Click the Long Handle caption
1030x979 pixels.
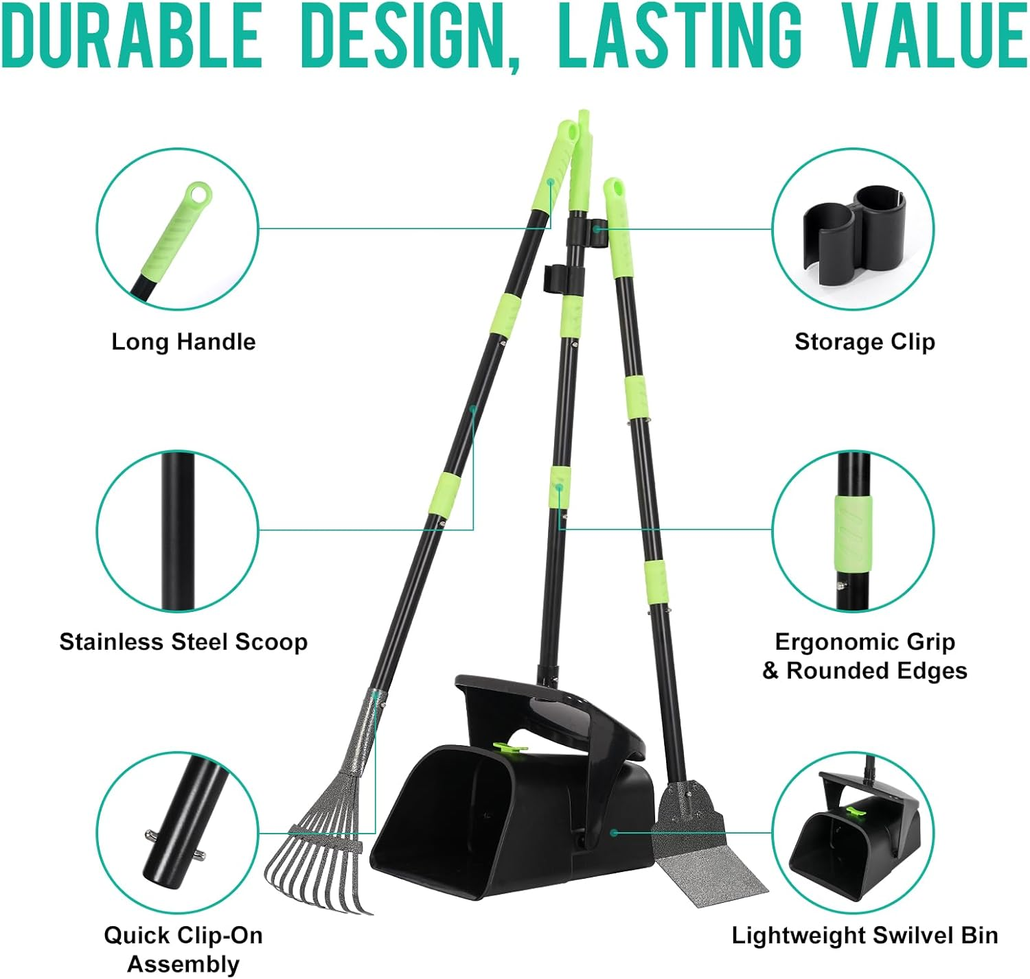[183, 342]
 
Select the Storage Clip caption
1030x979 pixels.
[865, 342]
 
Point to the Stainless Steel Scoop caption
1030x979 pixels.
[183, 642]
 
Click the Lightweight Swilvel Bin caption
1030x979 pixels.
[865, 936]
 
